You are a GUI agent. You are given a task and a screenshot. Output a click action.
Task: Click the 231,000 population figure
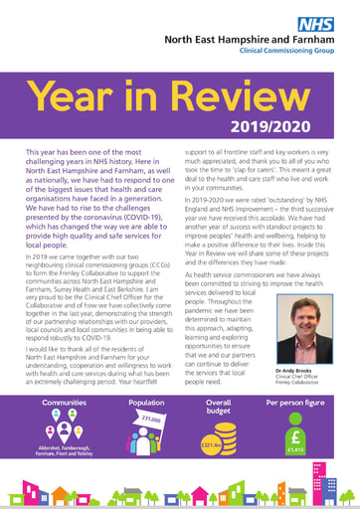click(x=151, y=422)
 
